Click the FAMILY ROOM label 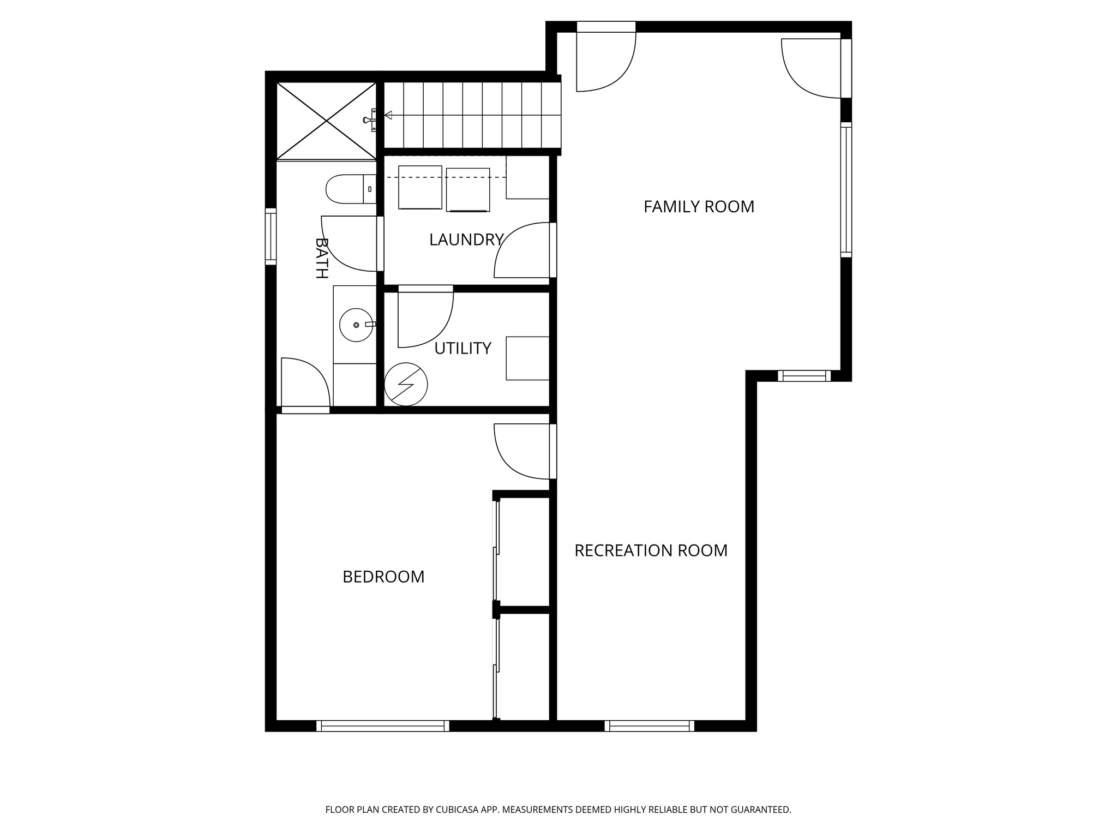pyautogui.click(x=698, y=207)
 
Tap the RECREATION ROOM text pyautogui.click(x=651, y=550)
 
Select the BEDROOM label pyautogui.click(x=383, y=577)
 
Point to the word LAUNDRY pyautogui.click(x=465, y=240)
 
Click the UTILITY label pyautogui.click(x=463, y=348)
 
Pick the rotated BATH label pyautogui.click(x=322, y=258)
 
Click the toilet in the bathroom pyautogui.click(x=349, y=189)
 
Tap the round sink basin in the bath pyautogui.click(x=356, y=325)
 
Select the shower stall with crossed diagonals pyautogui.click(x=326, y=121)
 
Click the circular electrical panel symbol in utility pyautogui.click(x=406, y=384)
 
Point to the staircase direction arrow pyautogui.click(x=388, y=116)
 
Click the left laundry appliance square pyautogui.click(x=420, y=187)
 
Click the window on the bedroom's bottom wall pyautogui.click(x=382, y=726)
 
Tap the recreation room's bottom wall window pyautogui.click(x=648, y=726)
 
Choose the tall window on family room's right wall pyautogui.click(x=845, y=189)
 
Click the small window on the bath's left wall pyautogui.click(x=271, y=236)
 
